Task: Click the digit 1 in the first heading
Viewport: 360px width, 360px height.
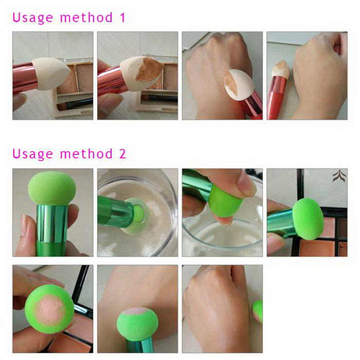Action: (122, 17)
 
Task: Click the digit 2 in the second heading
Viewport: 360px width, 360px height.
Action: (122, 153)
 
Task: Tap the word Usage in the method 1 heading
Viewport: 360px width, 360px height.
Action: (32, 18)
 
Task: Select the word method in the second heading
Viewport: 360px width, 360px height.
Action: (86, 153)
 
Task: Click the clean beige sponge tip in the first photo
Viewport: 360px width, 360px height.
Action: (50, 74)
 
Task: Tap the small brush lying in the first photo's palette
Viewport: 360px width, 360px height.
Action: (75, 104)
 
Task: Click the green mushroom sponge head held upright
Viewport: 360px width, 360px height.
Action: (52, 188)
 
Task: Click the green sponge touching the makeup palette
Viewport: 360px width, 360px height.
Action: (308, 219)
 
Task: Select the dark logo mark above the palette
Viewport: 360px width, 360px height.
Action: (339, 176)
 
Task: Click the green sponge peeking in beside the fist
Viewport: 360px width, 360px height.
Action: (258, 311)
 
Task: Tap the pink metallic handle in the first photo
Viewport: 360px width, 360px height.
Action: (24, 78)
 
